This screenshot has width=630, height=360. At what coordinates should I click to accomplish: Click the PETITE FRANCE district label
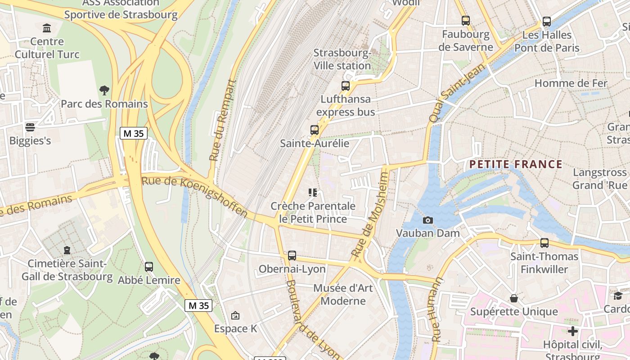tap(516, 164)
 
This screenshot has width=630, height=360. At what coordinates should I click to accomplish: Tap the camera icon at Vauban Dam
tap(428, 220)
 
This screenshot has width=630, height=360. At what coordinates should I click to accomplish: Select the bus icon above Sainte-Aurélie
tap(315, 130)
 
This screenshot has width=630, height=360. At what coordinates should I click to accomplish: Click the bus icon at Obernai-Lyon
tap(292, 256)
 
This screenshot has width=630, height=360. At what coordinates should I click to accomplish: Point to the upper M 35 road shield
tap(134, 133)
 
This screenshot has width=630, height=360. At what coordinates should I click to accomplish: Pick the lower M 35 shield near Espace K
tap(198, 306)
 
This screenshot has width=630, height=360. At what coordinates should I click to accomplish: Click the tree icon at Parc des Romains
tap(104, 90)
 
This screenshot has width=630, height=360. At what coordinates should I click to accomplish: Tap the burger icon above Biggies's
tap(30, 127)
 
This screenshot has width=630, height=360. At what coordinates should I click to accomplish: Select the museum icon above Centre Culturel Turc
tap(47, 28)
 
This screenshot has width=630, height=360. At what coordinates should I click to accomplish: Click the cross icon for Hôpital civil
tap(572, 332)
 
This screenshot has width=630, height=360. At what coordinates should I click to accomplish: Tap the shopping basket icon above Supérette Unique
tap(514, 298)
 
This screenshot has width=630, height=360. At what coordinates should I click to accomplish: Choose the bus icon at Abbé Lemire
tap(149, 266)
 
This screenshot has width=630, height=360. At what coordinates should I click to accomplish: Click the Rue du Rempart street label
tap(223, 121)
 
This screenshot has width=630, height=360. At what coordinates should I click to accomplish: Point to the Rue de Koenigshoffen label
tap(194, 196)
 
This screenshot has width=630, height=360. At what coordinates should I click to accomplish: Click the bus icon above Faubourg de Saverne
tap(466, 21)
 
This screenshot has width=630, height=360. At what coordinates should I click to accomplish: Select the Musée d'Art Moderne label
tap(343, 294)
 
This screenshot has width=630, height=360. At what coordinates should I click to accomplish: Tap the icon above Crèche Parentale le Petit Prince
tap(313, 193)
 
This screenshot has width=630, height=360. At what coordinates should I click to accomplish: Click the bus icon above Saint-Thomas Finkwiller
tap(544, 243)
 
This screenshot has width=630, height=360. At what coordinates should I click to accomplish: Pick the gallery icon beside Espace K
tap(235, 315)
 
